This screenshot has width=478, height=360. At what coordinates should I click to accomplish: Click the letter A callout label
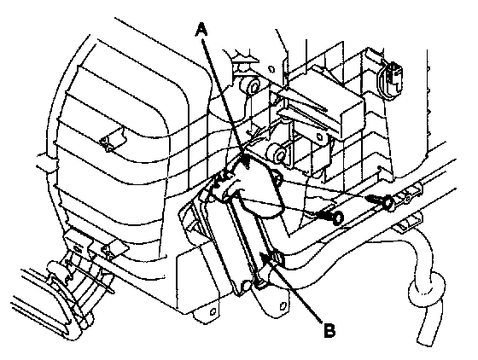pos(201,31)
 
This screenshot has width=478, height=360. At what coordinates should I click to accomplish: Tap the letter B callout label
pos(329,330)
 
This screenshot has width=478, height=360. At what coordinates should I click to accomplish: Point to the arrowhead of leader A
pos(247,160)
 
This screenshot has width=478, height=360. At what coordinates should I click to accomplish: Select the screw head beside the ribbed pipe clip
pos(388,202)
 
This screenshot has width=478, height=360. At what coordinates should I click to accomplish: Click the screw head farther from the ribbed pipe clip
pos(338,218)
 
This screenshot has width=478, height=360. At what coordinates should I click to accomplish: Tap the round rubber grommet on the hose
pos(427,287)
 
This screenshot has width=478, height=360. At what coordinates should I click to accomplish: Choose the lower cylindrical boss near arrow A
pos(277,154)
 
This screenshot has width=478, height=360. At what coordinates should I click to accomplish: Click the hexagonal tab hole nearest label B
pos(283,305)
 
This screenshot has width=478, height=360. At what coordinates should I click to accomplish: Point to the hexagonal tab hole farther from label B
pos(213,311)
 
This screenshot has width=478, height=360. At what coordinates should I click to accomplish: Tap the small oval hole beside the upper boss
pos(271,69)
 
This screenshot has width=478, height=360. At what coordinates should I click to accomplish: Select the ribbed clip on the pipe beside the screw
pos(409,195)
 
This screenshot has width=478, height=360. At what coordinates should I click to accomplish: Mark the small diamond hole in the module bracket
pos(319,136)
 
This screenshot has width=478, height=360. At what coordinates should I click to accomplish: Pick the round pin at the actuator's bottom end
pos(247,286)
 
